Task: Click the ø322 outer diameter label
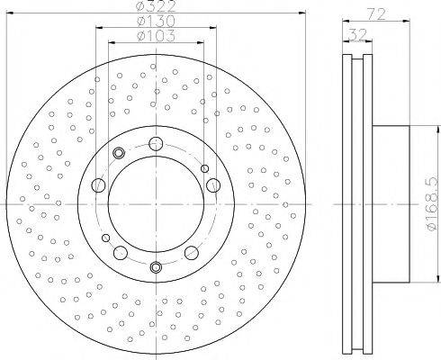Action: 156,6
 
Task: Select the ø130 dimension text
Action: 156,21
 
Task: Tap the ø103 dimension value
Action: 156,36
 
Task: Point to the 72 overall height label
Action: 376,13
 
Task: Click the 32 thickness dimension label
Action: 357,34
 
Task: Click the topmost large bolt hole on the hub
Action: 156,143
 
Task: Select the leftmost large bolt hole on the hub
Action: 98,184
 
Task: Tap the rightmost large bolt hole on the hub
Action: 213,184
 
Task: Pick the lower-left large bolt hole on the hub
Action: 121,253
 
